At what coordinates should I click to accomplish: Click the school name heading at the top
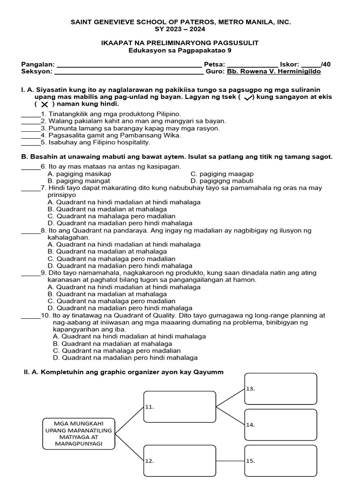180,22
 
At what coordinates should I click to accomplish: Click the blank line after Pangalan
128,66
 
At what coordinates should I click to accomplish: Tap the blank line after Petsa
252,66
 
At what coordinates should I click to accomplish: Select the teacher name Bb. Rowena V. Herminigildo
274,72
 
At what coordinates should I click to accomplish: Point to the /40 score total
326,64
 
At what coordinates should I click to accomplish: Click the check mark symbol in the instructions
248,97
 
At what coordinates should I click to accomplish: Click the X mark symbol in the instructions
45,104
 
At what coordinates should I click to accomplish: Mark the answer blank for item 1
31,115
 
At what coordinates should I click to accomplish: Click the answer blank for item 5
31,143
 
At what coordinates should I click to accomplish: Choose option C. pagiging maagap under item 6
222,174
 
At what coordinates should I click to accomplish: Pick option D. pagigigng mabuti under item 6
222,181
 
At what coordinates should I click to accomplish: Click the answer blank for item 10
31,317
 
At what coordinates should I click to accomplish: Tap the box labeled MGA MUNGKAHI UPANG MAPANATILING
79,433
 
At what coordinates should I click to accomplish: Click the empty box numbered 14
280,425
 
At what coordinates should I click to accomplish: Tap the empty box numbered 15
280,460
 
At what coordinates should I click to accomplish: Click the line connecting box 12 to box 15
230,461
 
